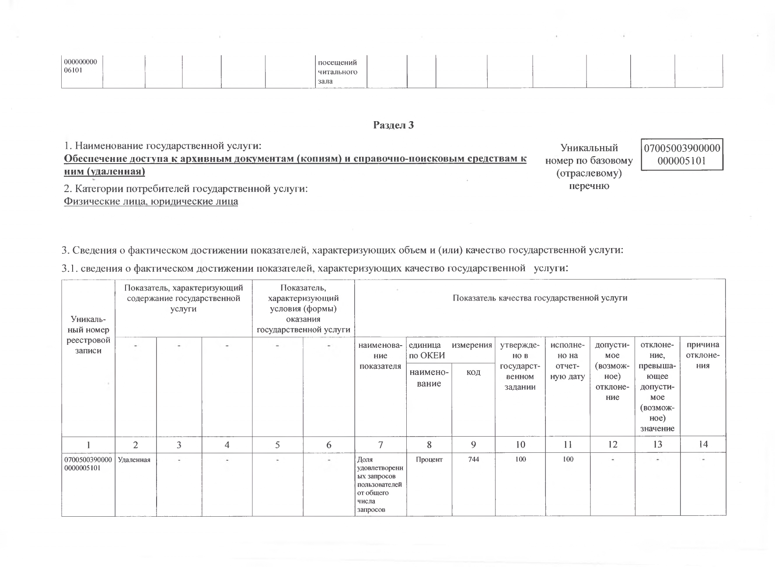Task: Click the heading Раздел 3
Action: click(393, 125)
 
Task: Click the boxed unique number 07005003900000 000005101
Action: click(682, 154)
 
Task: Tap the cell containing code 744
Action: click(473, 459)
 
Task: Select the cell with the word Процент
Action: click(429, 459)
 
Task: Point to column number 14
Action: click(703, 444)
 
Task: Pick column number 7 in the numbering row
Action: click(381, 445)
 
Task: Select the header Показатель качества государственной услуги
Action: click(540, 298)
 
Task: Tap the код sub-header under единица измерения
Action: click(473, 372)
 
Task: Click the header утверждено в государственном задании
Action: click(520, 366)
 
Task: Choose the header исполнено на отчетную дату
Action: click(567, 360)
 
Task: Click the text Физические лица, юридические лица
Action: click(151, 201)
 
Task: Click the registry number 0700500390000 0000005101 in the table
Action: click(88, 463)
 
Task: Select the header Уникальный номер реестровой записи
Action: click(88, 335)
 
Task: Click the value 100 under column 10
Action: click(520, 459)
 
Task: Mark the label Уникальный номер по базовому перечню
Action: click(589, 167)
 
